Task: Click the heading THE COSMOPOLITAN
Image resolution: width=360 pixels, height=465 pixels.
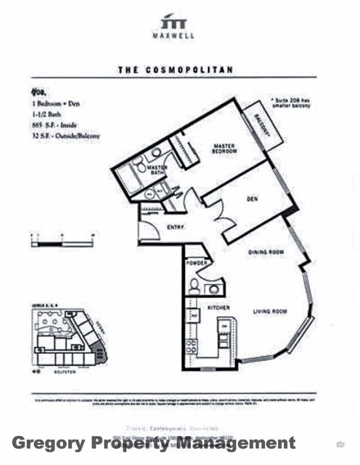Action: [175, 70]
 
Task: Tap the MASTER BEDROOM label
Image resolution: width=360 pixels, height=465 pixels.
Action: [225, 149]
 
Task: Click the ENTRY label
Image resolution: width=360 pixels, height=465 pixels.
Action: [175, 227]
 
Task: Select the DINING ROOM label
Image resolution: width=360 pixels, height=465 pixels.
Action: [265, 252]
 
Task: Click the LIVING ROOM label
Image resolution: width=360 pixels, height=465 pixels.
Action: [270, 311]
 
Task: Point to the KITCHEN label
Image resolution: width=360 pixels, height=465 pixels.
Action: [219, 307]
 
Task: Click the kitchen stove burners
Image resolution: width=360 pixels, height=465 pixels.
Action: [191, 346]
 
